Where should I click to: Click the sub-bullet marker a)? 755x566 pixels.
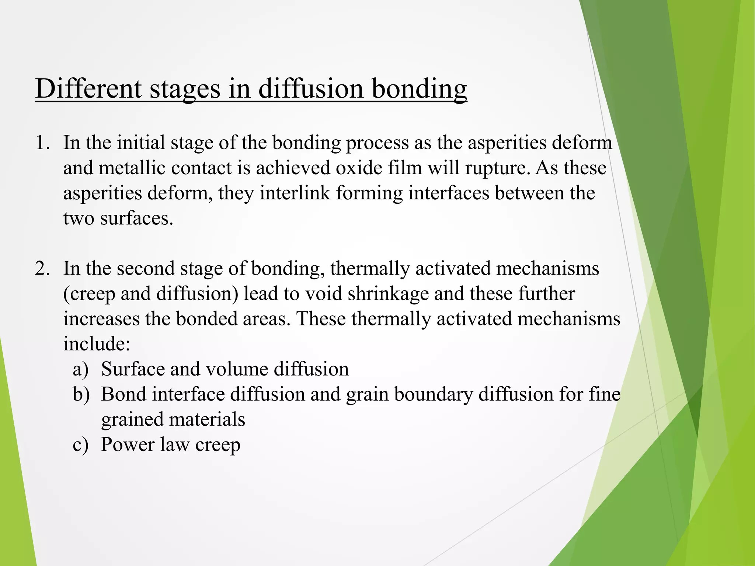pyautogui.click(x=81, y=369)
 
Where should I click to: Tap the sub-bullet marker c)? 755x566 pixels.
pyautogui.click(x=81, y=444)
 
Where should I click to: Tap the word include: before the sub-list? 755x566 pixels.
pyautogui.click(x=97, y=344)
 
